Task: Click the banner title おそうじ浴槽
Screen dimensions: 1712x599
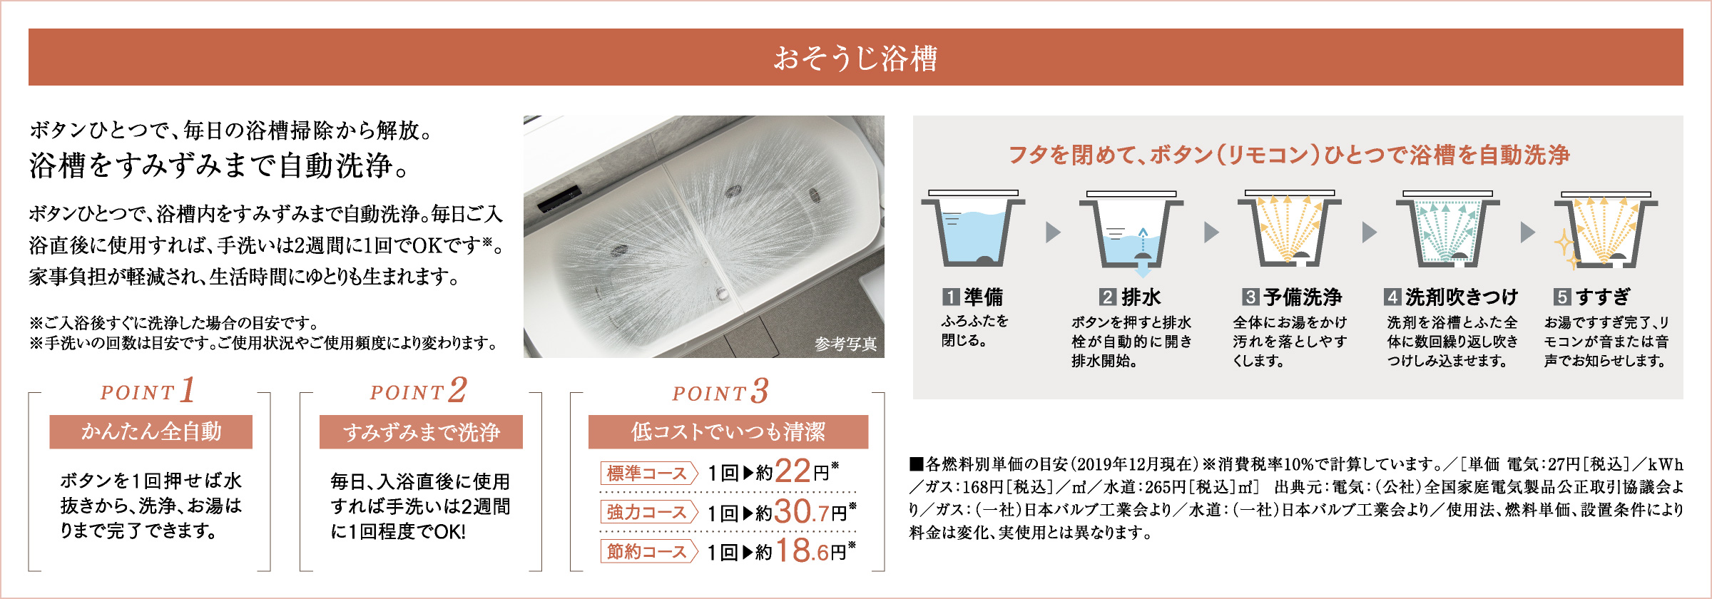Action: point(855,58)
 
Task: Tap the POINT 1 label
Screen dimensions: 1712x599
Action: point(148,390)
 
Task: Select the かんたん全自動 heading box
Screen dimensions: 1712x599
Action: point(151,431)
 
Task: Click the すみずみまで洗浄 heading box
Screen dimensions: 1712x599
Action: point(421,431)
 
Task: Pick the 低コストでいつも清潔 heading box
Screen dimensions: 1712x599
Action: point(728,431)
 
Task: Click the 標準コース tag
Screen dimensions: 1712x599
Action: point(648,473)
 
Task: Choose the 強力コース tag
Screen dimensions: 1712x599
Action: point(648,512)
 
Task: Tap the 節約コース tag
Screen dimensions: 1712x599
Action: point(648,551)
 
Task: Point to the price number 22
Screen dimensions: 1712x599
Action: point(793,471)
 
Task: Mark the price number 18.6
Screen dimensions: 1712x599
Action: point(802,551)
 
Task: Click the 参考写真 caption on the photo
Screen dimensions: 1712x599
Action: point(846,344)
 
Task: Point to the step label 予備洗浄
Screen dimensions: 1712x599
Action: point(1303,297)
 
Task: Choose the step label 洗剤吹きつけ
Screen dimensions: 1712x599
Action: point(1462,297)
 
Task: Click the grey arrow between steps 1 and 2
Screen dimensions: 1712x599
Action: point(1054,232)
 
